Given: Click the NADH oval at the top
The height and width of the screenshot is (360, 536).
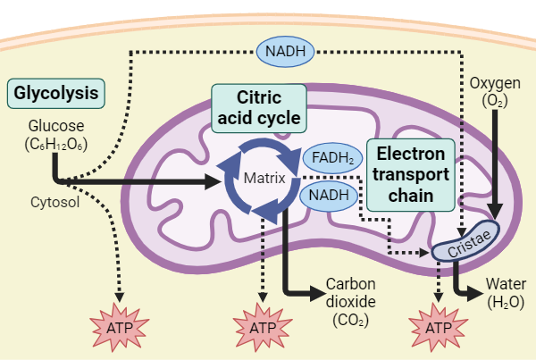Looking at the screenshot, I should tap(286, 52).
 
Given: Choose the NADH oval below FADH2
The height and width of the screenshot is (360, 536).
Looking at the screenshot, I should tap(329, 195).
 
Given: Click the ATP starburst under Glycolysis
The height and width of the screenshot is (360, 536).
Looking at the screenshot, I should tap(121, 326).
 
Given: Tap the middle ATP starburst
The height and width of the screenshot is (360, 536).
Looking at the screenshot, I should tap(263, 326).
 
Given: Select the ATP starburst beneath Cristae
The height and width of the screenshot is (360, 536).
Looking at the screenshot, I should tap(438, 326).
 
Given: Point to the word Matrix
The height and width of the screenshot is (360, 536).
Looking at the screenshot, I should tap(264, 178).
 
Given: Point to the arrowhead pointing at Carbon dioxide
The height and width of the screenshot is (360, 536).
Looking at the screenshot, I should tap(316, 292).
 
